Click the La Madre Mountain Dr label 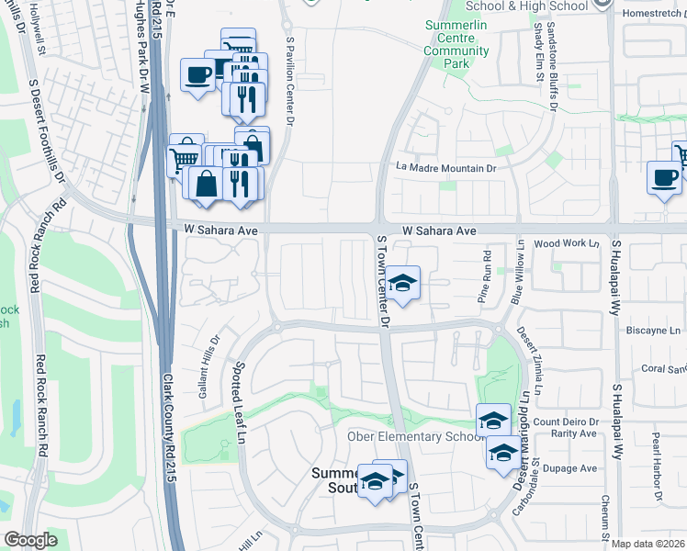445,168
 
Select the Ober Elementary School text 412,436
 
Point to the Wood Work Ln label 566,244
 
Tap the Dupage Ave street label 576,468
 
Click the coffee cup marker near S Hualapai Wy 664,178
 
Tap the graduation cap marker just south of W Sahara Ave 401,283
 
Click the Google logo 30,541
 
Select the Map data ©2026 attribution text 648,544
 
